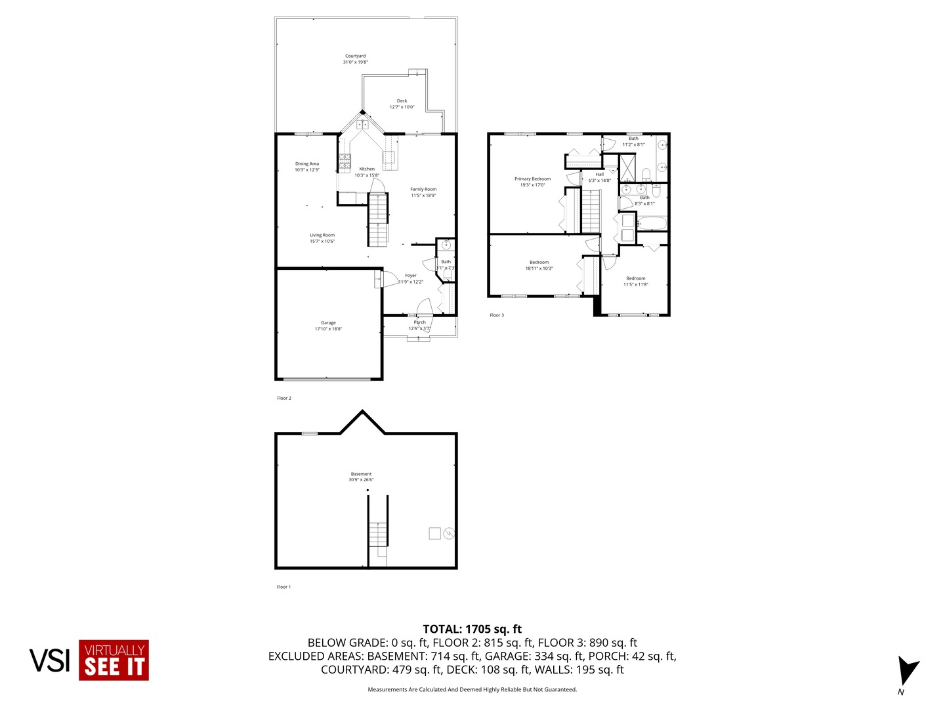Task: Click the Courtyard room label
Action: click(355, 56)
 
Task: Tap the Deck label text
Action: click(402, 101)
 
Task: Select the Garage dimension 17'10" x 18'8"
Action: click(328, 329)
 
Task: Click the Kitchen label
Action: click(367, 169)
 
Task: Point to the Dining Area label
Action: click(306, 164)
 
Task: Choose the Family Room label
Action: click(423, 190)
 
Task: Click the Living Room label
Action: click(322, 235)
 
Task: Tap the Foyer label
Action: click(411, 276)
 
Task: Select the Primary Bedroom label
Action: click(532, 179)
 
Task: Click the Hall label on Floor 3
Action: click(600, 175)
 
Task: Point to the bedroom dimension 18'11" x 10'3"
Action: click(539, 269)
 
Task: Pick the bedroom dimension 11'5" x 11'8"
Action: click(636, 284)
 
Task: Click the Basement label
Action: click(361, 474)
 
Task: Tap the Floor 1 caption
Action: click(283, 587)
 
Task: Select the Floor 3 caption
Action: click(497, 315)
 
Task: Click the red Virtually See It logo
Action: click(114, 660)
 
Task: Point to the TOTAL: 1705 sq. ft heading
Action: click(472, 629)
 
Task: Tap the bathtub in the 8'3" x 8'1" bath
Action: click(652, 224)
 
